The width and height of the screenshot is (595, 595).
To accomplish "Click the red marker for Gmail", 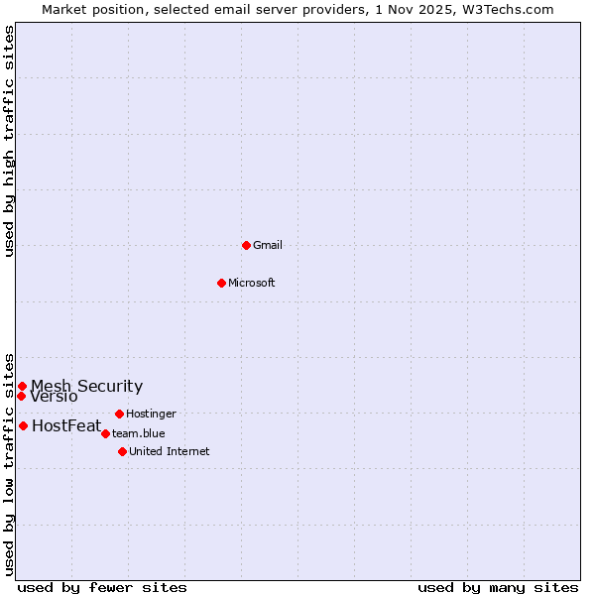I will click(246, 245).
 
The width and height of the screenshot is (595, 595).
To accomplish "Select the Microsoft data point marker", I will click(222, 283).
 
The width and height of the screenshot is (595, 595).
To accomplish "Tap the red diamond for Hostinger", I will click(119, 414).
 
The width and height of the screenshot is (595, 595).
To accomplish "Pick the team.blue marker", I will click(105, 433).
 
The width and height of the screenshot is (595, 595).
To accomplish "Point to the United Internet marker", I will click(122, 451).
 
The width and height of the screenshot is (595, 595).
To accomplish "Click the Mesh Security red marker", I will click(22, 386).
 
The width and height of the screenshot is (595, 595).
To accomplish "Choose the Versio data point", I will click(21, 396).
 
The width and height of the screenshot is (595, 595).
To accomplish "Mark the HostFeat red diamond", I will click(23, 425).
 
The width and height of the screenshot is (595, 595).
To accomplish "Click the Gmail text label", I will click(268, 245).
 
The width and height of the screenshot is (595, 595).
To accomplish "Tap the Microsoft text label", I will click(252, 283).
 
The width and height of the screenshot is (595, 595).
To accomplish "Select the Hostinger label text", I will click(151, 414).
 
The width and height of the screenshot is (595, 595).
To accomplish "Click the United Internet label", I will click(170, 451).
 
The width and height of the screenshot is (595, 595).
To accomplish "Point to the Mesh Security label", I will click(86, 386).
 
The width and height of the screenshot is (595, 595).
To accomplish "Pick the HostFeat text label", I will click(66, 426).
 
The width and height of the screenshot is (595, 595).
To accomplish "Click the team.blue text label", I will click(139, 433).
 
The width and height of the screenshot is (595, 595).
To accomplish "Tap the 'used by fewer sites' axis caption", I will click(102, 587).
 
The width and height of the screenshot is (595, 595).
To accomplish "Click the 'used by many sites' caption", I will click(498, 587).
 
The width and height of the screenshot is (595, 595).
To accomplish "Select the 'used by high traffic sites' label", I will click(9, 142).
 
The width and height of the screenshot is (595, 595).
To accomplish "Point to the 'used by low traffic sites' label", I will click(9, 463).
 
